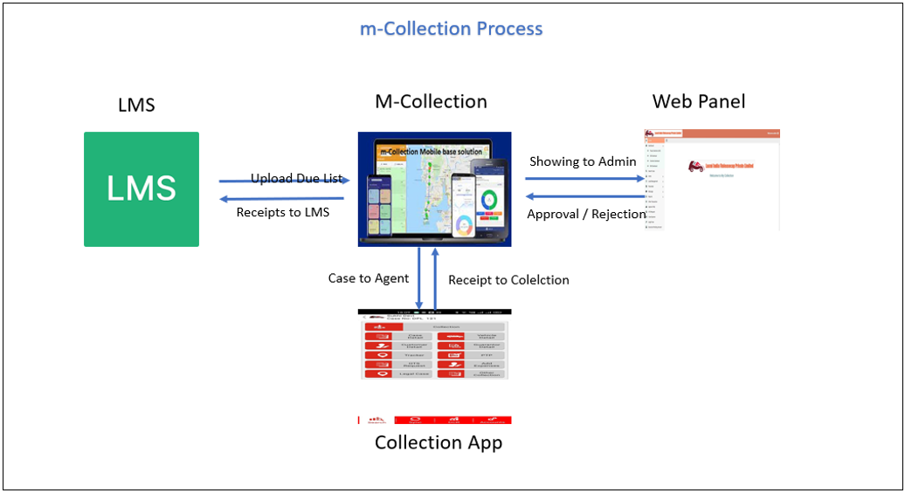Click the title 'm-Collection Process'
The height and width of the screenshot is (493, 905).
pyautogui.click(x=452, y=29)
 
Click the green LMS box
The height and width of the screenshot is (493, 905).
pyautogui.click(x=142, y=188)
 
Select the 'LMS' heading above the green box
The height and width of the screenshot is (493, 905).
pyautogui.click(x=136, y=106)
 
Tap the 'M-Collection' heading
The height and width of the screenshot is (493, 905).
pyautogui.click(x=431, y=101)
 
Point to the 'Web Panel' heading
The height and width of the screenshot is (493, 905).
pyautogui.click(x=699, y=101)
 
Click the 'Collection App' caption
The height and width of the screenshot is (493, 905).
pyautogui.click(x=439, y=442)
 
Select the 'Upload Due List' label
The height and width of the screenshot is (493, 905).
pyautogui.click(x=297, y=179)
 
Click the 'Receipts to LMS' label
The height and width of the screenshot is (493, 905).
pyautogui.click(x=283, y=212)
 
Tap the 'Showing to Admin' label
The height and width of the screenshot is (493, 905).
pyautogui.click(x=583, y=161)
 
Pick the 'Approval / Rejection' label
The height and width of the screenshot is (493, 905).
pyautogui.click(x=586, y=214)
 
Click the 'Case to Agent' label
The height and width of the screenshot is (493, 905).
pyautogui.click(x=369, y=278)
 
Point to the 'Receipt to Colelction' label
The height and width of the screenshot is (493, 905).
pyautogui.click(x=508, y=280)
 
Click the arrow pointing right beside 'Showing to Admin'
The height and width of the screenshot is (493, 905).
pyautogui.click(x=584, y=178)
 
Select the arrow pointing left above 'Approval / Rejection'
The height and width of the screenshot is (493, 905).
pyautogui.click(x=584, y=196)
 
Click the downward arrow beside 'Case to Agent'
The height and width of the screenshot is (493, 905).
pyautogui.click(x=419, y=278)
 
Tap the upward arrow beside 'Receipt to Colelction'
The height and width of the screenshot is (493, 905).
pyautogui.click(x=435, y=278)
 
